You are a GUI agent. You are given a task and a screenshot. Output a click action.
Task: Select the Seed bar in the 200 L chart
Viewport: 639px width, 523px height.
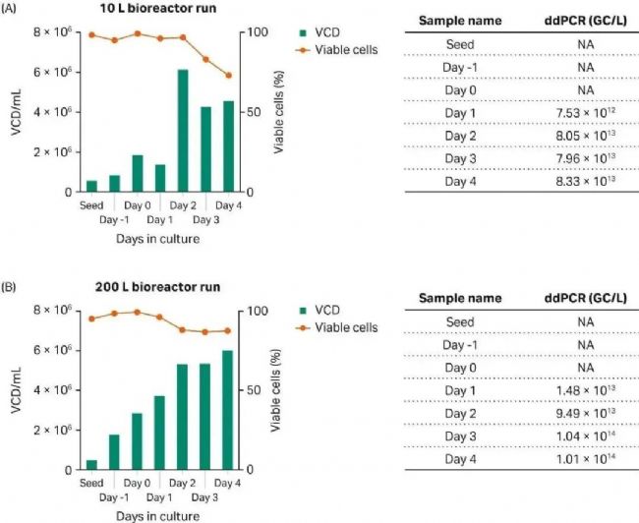pyautogui.click(x=91, y=464)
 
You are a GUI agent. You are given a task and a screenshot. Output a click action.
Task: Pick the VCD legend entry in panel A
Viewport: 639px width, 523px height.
pyautogui.click(x=324, y=31)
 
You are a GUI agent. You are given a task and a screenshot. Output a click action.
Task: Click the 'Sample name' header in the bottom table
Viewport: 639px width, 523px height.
pyautogui.click(x=459, y=298)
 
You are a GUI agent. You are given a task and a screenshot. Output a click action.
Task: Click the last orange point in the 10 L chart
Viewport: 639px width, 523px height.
pyautogui.click(x=228, y=75)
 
